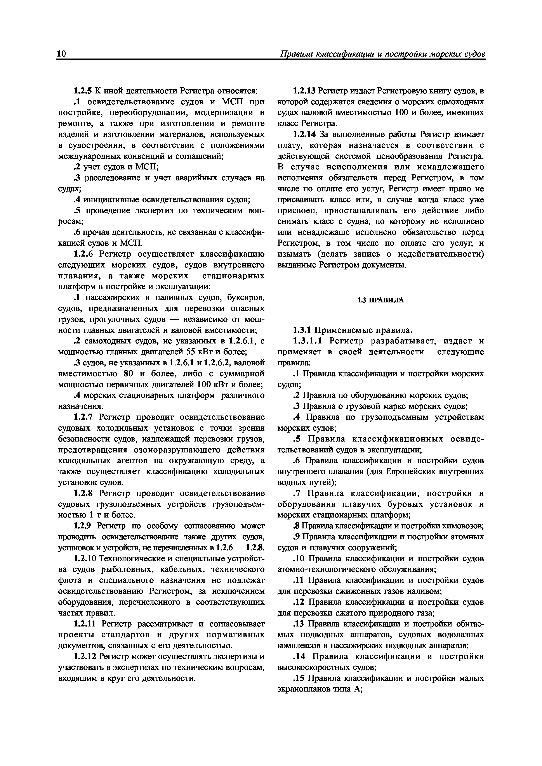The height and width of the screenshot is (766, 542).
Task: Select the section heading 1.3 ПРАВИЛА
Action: click(x=380, y=300)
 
